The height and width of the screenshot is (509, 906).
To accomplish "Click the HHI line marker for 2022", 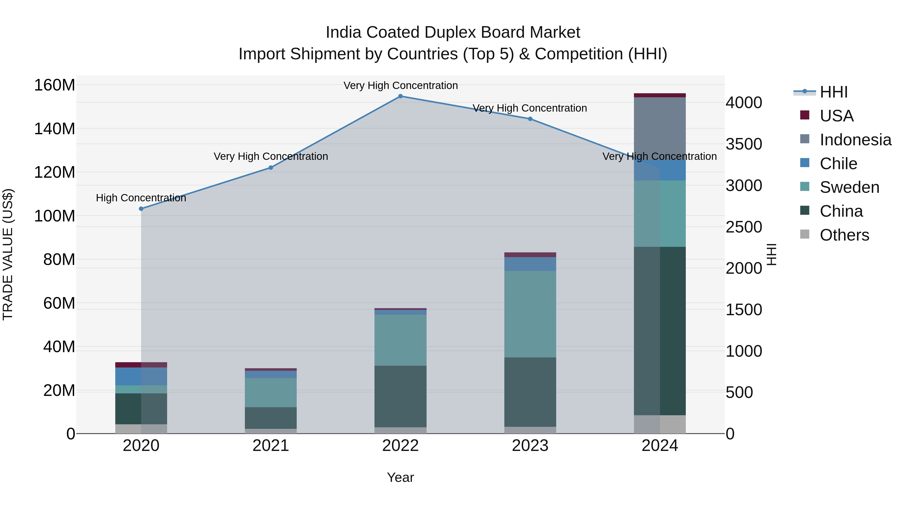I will pos(400,96).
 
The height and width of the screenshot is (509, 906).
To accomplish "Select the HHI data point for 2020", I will pos(141,209).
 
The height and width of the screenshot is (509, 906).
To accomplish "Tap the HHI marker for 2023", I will pos(530,119).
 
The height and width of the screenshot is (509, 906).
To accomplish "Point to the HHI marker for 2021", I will pos(271,168).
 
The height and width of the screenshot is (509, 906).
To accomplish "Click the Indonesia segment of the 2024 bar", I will pos(660,126).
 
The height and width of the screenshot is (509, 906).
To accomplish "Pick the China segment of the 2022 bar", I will pos(400,396).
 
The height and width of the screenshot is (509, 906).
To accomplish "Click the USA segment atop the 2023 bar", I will pos(530,255).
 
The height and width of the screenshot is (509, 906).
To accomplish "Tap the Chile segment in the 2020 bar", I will pos(141,376).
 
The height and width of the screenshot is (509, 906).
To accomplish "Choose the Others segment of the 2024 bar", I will pos(660,424).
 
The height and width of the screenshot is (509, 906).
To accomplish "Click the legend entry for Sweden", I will pos(849,187).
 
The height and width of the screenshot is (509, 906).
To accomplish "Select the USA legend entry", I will pos(836,116).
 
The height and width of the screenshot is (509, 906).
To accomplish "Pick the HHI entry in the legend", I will pos(834,92).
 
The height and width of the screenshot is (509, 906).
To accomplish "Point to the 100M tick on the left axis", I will pos(55,216).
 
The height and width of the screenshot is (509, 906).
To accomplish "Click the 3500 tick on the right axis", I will pos(743,144).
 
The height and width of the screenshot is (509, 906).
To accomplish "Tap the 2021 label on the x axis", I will pos(271,446).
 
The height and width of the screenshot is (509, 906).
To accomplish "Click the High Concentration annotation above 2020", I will pos(141,198).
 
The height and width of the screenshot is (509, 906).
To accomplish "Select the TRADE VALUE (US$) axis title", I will pos(8,254).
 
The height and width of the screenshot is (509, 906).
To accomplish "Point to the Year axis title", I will pos(400,477).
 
